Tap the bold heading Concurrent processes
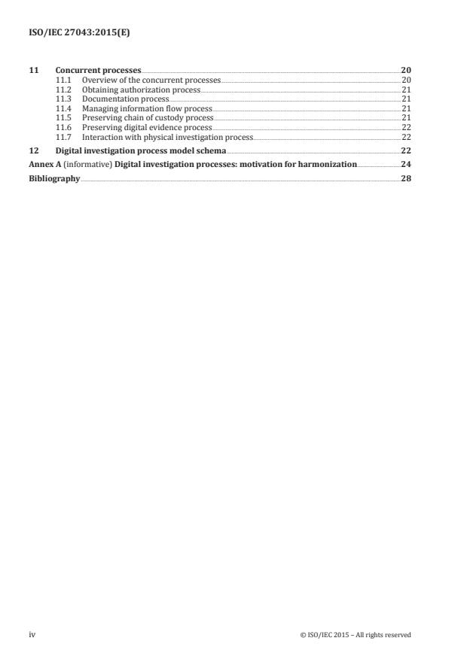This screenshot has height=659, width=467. (x=98, y=70)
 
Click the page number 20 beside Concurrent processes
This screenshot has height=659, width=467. (x=407, y=70)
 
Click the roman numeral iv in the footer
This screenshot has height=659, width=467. (x=32, y=634)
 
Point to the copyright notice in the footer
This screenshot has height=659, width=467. (x=356, y=634)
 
